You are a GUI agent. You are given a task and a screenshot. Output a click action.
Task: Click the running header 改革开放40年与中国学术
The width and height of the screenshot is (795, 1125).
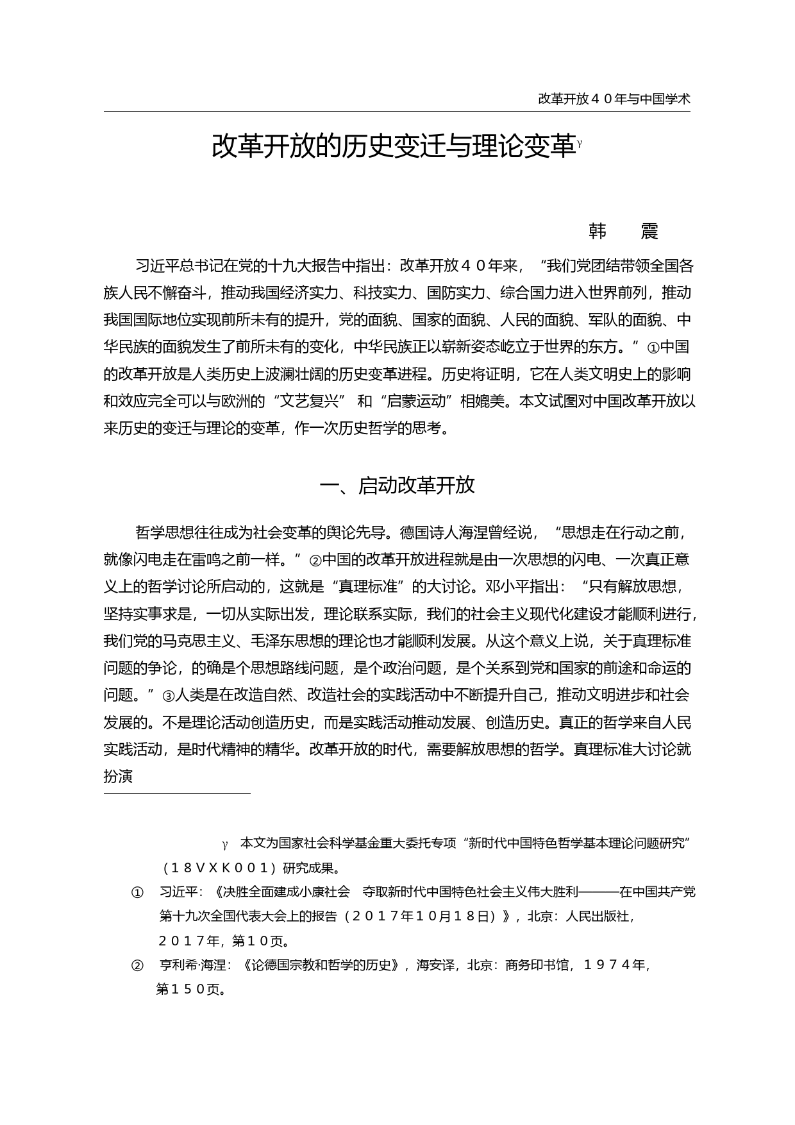pyautogui.click(x=614, y=99)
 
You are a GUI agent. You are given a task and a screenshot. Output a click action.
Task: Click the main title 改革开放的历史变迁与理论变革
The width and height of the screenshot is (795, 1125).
pyautogui.click(x=393, y=147)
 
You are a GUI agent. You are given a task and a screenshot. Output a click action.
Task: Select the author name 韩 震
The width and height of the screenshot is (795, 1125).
pyautogui.click(x=623, y=232)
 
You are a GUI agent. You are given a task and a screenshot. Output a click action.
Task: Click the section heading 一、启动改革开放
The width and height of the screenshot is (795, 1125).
pyautogui.click(x=397, y=486)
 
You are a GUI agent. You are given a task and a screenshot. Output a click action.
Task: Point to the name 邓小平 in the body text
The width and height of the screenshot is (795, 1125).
pyautogui.click(x=506, y=587)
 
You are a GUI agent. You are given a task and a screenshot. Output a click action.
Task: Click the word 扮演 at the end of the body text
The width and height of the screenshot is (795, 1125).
pyautogui.click(x=118, y=777)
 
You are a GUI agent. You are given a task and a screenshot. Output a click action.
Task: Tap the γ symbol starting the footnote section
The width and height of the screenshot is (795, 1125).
pyautogui.click(x=225, y=843)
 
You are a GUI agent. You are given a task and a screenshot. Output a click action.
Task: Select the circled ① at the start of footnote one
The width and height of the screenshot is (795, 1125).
pyautogui.click(x=137, y=893)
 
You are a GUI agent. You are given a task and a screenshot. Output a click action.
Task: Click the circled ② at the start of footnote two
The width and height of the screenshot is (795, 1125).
pyautogui.click(x=137, y=965)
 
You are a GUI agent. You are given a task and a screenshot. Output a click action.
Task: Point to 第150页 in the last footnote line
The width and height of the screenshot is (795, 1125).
pyautogui.click(x=190, y=990)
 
